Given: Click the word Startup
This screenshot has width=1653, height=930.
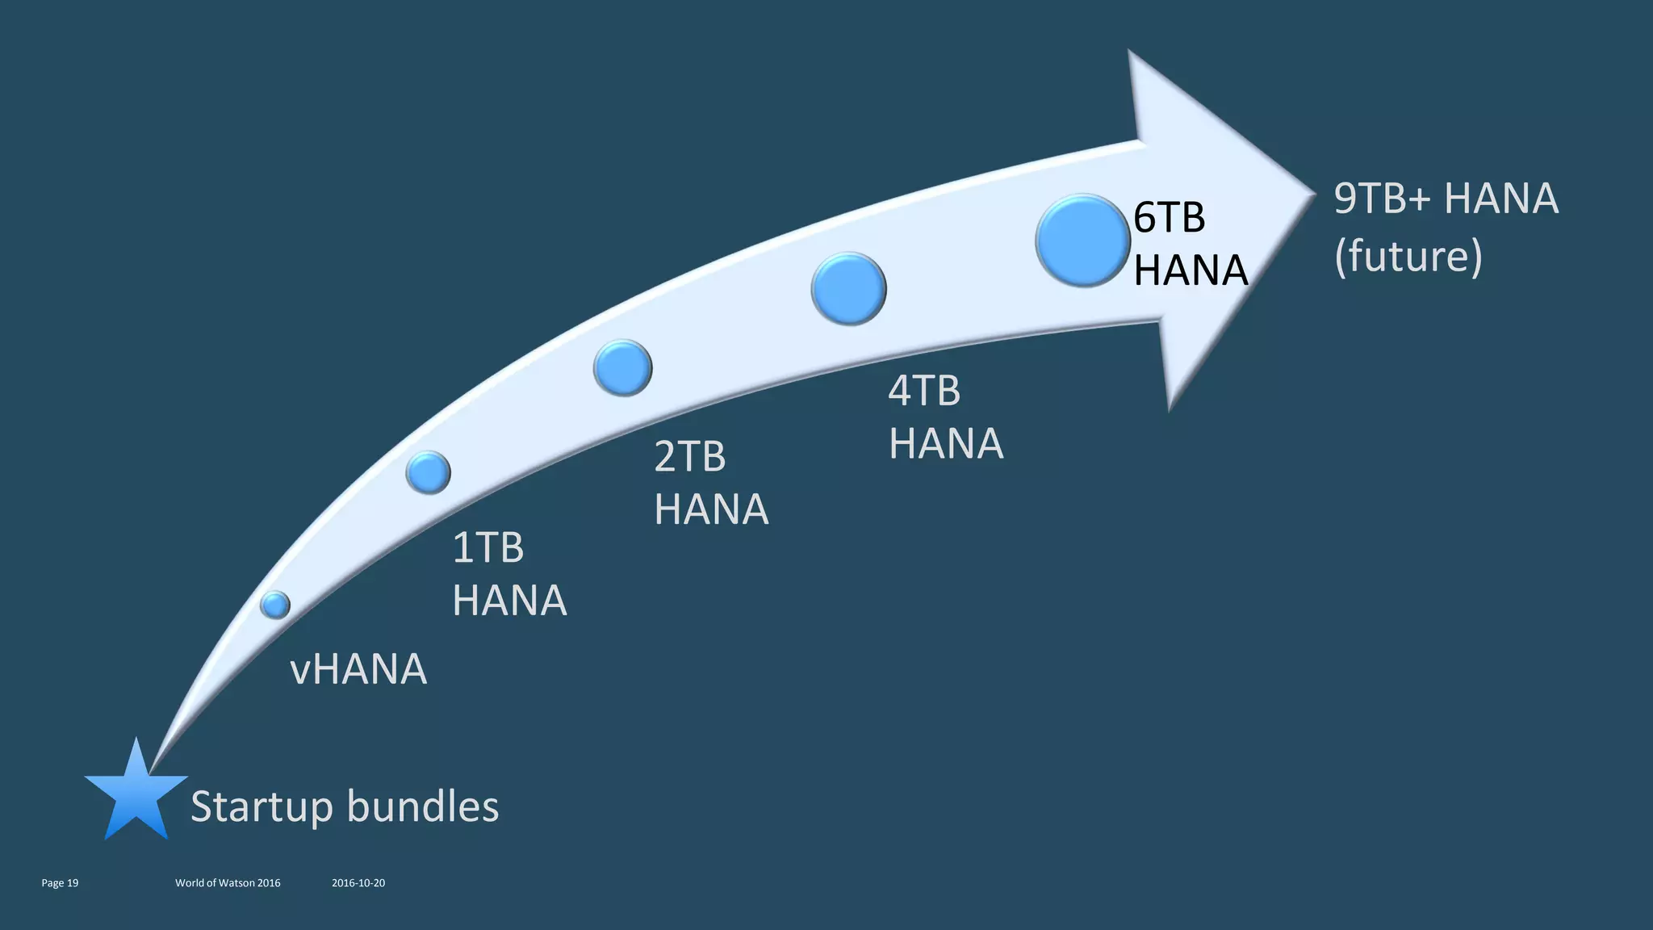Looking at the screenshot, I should click(x=262, y=806).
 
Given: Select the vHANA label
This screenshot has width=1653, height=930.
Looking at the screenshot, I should click(x=358, y=669).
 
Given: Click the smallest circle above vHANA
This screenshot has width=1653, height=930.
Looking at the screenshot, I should click(x=275, y=604).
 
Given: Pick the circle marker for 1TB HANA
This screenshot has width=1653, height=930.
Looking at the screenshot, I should click(x=428, y=472).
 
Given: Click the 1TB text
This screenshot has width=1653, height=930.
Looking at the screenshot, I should click(x=488, y=548).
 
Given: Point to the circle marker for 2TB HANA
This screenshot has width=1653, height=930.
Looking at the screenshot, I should click(x=622, y=368).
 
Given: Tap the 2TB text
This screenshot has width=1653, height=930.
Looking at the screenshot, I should click(x=689, y=457).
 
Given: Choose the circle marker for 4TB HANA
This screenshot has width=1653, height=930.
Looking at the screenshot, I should click(x=848, y=289).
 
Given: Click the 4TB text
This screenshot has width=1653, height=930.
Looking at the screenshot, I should click(x=924, y=391).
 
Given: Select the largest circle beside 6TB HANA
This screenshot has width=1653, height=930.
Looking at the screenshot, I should click(x=1082, y=241).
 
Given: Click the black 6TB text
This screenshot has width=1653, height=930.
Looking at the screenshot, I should click(x=1169, y=218).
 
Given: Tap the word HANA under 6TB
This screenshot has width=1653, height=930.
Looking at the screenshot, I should click(x=1191, y=270).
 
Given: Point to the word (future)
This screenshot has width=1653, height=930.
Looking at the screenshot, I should click(x=1408, y=257).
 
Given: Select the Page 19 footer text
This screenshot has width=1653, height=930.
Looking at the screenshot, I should click(x=60, y=883).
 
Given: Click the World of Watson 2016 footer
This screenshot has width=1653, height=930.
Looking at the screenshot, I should click(x=228, y=883).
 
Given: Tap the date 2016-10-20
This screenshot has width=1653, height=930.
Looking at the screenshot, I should click(x=358, y=883).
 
